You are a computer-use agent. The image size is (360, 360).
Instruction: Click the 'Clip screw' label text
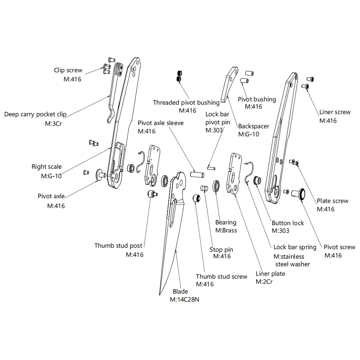click(x=68, y=70)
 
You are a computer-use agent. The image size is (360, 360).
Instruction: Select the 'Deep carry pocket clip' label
click(x=35, y=115)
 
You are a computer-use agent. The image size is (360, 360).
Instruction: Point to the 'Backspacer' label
click(x=253, y=126)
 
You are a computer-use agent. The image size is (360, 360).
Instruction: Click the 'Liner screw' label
click(x=335, y=112)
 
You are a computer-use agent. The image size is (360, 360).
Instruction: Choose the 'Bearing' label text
click(x=226, y=223)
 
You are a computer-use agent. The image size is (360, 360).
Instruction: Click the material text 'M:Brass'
click(x=226, y=231)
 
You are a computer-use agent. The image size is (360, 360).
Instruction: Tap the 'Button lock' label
click(x=288, y=223)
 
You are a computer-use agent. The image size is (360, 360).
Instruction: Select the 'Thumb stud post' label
click(x=118, y=246)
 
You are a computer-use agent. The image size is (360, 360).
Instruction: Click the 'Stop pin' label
click(x=221, y=250)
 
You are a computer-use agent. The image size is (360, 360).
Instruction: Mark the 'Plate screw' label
click(x=333, y=201)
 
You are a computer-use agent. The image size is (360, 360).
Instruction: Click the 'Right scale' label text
click(x=46, y=167)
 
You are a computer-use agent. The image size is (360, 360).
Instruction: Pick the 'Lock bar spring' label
click(x=295, y=247)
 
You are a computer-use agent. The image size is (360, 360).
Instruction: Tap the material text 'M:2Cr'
click(x=264, y=282)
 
